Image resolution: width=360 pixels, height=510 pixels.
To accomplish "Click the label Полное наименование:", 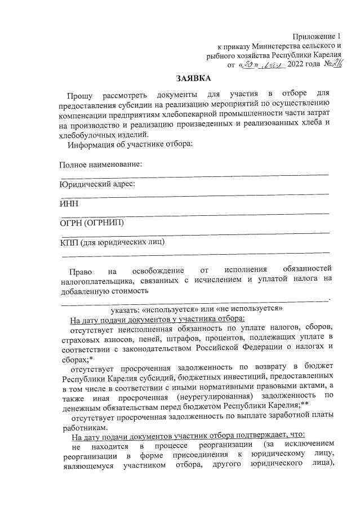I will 100,165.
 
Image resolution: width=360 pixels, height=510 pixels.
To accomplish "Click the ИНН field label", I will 69,203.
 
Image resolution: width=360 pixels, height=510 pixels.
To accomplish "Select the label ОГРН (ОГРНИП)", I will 91,223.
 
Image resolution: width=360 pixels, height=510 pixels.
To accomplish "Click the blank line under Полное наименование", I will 194,174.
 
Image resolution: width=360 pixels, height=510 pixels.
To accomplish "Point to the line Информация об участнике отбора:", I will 130,144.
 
